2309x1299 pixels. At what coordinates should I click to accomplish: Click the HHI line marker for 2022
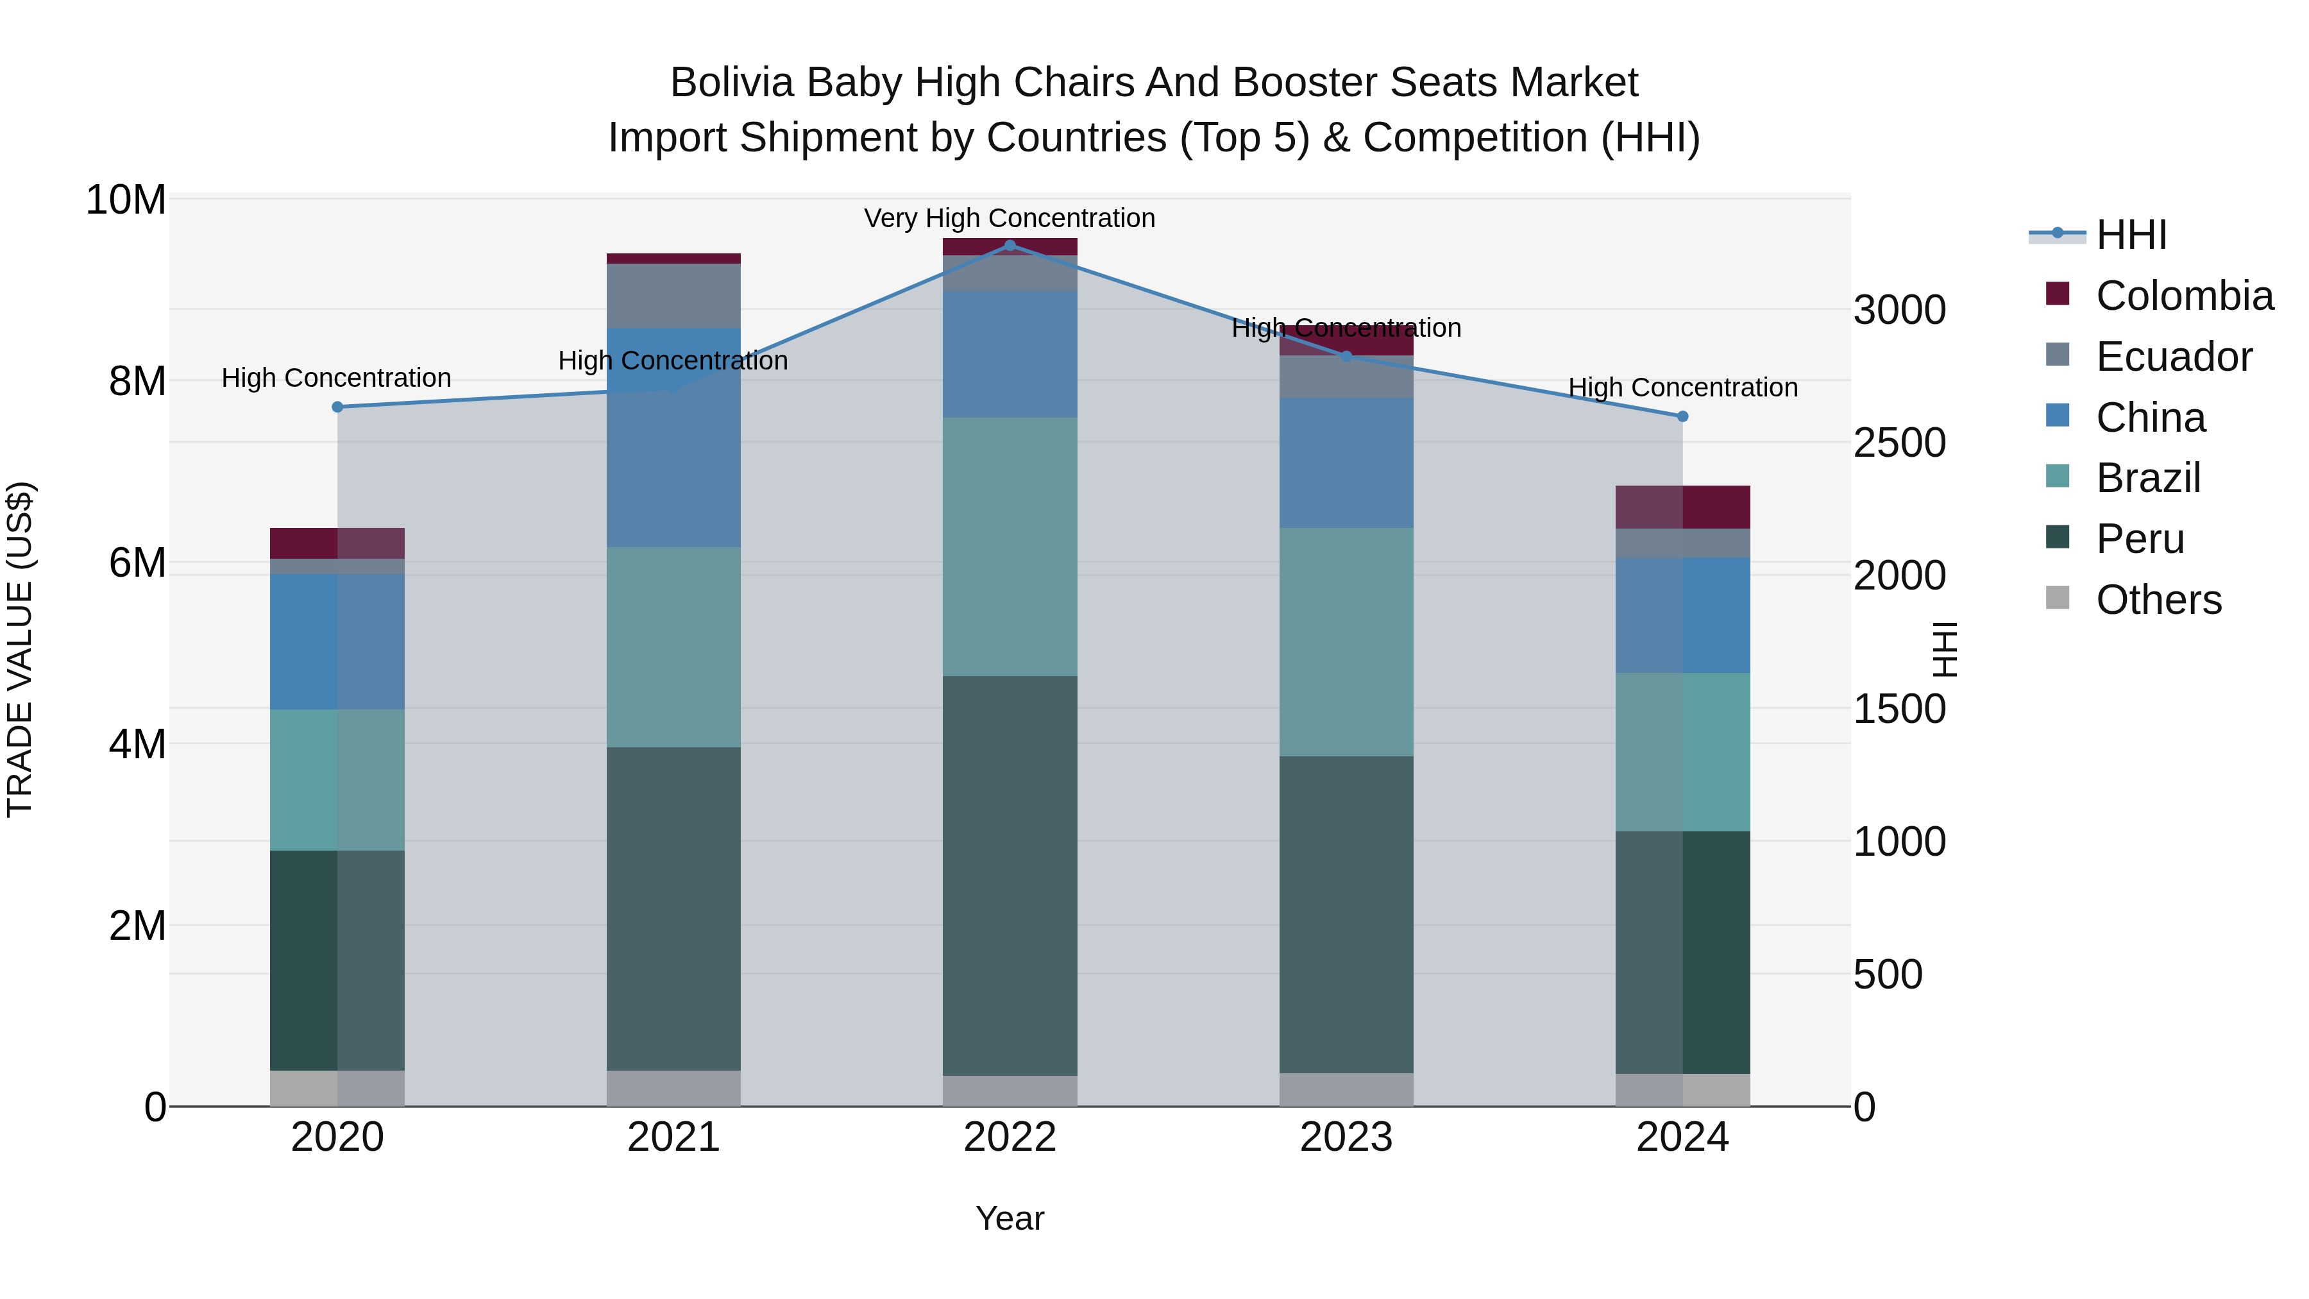[1010, 246]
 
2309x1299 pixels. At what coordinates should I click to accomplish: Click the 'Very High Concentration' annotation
[1010, 218]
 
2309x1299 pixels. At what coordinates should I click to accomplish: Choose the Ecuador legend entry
[2173, 357]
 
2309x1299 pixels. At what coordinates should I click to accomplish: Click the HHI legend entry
[2131, 235]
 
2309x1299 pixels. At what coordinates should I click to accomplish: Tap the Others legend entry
[2158, 600]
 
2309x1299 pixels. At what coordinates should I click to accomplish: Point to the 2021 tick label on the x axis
[673, 1137]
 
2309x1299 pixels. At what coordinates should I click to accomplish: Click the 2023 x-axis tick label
[1346, 1137]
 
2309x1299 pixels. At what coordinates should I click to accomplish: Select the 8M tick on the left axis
[137, 381]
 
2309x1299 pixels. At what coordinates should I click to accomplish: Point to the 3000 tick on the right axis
[1899, 310]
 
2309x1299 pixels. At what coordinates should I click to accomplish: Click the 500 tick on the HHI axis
[1888, 974]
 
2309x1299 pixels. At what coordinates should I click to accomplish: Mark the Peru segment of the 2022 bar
[1010, 875]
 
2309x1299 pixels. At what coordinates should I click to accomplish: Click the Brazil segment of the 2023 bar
[1346, 642]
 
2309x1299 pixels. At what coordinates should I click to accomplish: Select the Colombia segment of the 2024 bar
[1682, 507]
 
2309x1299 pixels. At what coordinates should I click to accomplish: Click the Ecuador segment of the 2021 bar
[673, 296]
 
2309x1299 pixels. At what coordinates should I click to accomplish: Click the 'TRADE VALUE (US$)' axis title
[20, 649]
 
